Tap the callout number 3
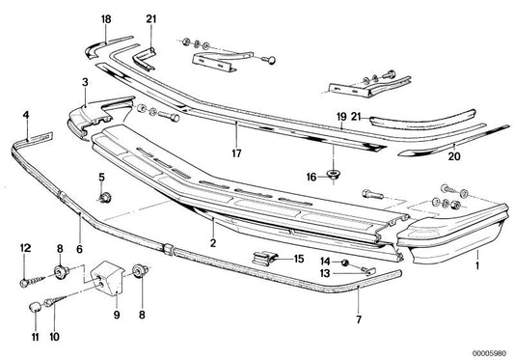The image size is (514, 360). (85, 83)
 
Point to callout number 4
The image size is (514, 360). (27, 117)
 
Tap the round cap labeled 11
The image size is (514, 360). (53, 338)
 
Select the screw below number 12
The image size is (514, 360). (38, 306)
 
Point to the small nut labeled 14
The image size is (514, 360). (326, 274)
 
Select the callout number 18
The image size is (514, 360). (236, 151)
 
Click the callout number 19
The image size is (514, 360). (106, 19)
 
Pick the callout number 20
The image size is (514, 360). (340, 116)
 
